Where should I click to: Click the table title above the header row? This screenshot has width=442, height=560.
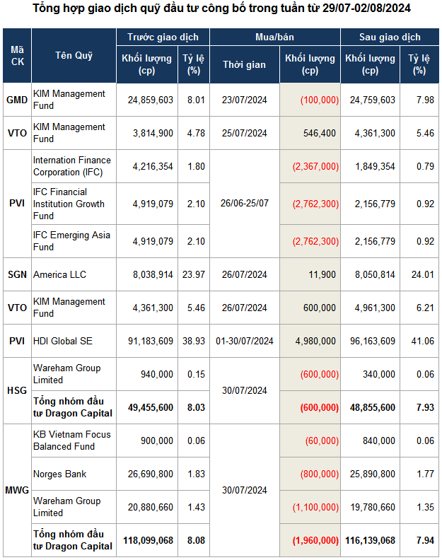(221, 8)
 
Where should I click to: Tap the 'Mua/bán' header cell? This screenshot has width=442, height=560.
(274, 37)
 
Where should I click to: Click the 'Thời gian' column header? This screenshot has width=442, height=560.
(244, 64)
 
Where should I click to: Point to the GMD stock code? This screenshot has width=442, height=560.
(17, 100)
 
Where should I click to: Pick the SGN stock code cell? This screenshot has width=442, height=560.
(17, 274)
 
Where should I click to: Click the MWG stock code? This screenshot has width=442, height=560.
(17, 490)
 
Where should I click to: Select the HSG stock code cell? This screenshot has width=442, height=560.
(17, 390)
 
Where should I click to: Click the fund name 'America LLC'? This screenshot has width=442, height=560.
(59, 274)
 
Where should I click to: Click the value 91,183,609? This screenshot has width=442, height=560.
(147, 341)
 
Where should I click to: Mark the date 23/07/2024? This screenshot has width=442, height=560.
(244, 100)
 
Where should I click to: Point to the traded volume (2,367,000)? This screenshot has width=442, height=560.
(315, 166)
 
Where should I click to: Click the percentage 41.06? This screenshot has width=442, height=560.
(419, 341)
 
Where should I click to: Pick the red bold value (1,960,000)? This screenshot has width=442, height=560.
(315, 539)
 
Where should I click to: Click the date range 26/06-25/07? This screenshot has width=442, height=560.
(244, 204)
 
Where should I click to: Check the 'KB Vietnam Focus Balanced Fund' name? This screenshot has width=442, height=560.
(71, 440)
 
